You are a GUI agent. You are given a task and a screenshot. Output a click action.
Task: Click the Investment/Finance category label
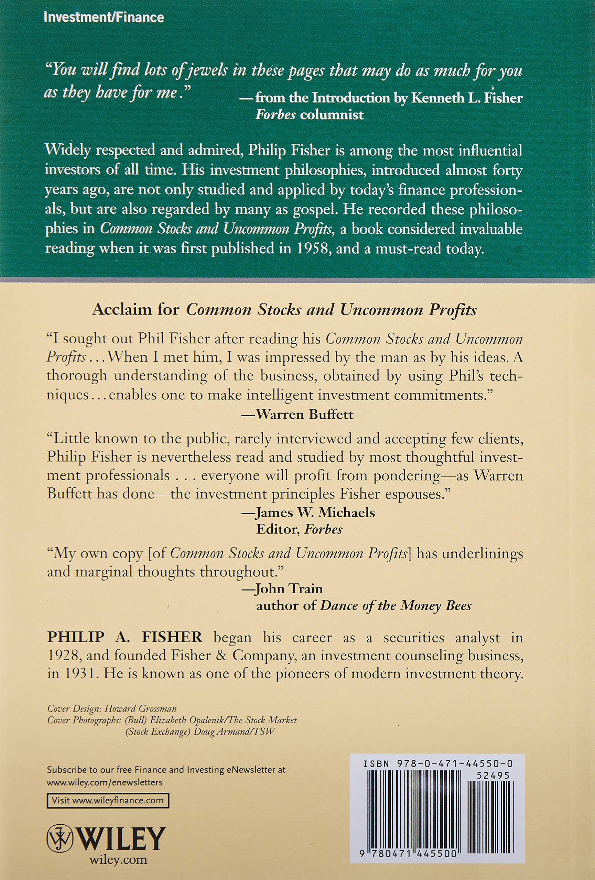(x=104, y=18)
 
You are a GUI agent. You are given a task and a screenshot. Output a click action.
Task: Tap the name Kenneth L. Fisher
(x=467, y=98)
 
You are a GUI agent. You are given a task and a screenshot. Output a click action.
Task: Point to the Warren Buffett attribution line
(x=297, y=414)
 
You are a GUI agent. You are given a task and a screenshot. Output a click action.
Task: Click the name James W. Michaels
(x=315, y=512)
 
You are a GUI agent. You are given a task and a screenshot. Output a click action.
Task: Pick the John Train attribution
(x=289, y=588)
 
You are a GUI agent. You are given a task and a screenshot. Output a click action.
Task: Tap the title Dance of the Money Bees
(x=396, y=606)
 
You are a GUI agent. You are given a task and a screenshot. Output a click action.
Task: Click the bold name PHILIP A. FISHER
(x=125, y=637)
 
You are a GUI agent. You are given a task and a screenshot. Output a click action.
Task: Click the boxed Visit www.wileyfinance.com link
(x=108, y=790)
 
